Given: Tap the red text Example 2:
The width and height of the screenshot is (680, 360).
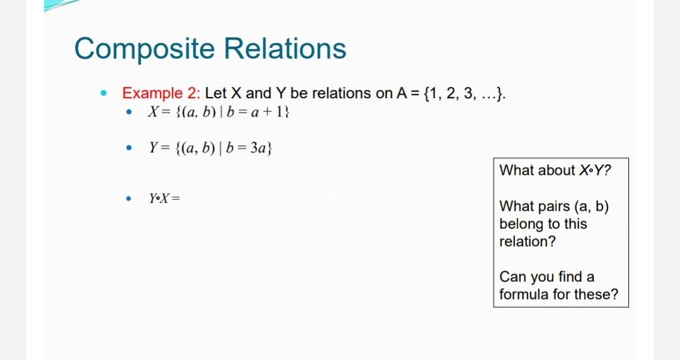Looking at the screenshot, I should (161, 94).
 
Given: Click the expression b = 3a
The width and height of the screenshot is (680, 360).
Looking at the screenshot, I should (247, 149).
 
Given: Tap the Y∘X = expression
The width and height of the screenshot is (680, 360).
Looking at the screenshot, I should (164, 198).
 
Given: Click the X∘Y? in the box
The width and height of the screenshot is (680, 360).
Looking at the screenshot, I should (594, 171).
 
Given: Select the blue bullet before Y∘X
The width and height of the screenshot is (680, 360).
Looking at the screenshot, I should (128, 199).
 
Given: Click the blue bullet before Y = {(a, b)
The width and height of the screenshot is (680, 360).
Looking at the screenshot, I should (128, 149).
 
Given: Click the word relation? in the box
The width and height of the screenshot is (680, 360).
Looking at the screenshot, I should (528, 242).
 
